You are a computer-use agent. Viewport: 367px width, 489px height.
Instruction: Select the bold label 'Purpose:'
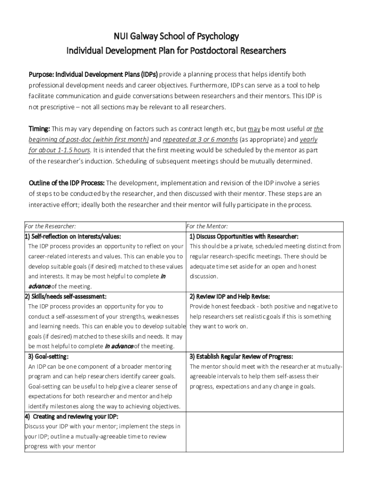point(41,74)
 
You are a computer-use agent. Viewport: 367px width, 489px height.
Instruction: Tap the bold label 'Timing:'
point(40,129)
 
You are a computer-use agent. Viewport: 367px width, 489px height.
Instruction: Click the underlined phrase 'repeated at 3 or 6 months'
point(200,139)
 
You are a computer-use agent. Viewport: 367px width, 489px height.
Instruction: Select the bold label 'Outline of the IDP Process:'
point(66,183)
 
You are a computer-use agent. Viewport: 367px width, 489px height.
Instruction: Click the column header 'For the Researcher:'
point(51,226)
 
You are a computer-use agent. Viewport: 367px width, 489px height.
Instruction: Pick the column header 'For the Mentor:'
point(207,226)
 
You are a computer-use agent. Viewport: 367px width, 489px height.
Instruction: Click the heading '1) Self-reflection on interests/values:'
point(73,236)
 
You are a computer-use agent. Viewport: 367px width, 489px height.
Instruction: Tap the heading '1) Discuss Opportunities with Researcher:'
point(244,236)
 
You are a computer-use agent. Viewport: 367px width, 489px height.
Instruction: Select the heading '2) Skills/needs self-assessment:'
point(66,296)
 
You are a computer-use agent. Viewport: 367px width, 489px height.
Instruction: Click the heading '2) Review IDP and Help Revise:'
point(230,296)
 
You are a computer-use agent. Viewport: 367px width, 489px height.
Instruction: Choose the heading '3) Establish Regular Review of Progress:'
point(241,356)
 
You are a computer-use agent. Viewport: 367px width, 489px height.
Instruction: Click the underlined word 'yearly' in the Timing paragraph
point(308,139)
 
